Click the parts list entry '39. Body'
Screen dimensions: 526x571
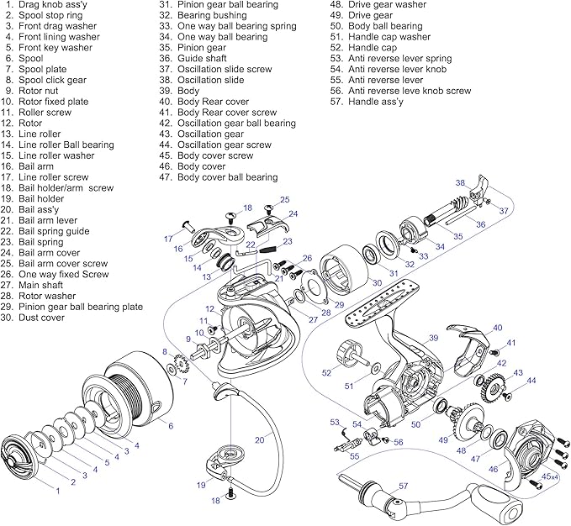pyautogui.click(x=178, y=90)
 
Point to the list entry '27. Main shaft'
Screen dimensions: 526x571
pyautogui.click(x=42, y=285)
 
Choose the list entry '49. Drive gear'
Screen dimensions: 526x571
pyautogui.click(x=359, y=15)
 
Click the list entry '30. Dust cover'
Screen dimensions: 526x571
pyautogui.click(x=42, y=318)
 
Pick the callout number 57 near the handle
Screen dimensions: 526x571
pyautogui.click(x=403, y=487)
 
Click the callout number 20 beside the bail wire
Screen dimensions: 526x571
pyautogui.click(x=259, y=439)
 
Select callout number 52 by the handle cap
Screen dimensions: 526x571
pyautogui.click(x=327, y=371)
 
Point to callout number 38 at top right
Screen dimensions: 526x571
pyautogui.click(x=460, y=182)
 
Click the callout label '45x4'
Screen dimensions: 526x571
pyautogui.click(x=549, y=476)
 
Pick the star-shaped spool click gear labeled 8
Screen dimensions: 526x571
pyautogui.click(x=178, y=367)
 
